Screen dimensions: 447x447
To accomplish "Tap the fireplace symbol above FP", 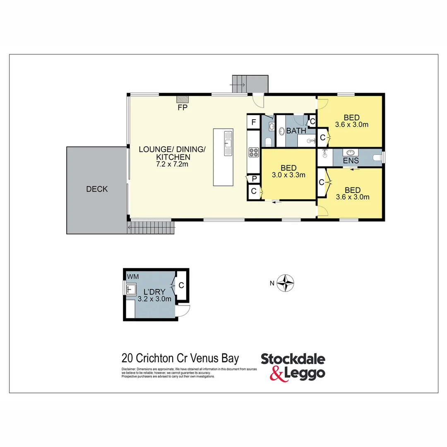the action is (x=182, y=99).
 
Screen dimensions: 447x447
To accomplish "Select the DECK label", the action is (x=97, y=189).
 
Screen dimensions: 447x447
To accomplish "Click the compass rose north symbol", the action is (x=286, y=284).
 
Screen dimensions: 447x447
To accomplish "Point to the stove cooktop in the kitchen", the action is (x=253, y=152).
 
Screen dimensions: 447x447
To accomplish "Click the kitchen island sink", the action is (x=228, y=143).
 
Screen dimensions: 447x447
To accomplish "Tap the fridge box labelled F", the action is (x=253, y=123).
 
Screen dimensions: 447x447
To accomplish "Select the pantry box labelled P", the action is (x=253, y=179).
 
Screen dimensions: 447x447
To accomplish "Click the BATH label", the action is (x=296, y=131).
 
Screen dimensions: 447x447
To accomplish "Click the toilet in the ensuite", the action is (x=377, y=158).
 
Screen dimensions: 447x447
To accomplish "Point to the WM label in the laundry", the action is (x=133, y=276).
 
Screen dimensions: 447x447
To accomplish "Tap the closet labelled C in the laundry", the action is (x=181, y=285).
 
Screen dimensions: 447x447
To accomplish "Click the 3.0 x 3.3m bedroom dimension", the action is (x=288, y=175).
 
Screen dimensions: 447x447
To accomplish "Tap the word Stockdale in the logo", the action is (x=293, y=359).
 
